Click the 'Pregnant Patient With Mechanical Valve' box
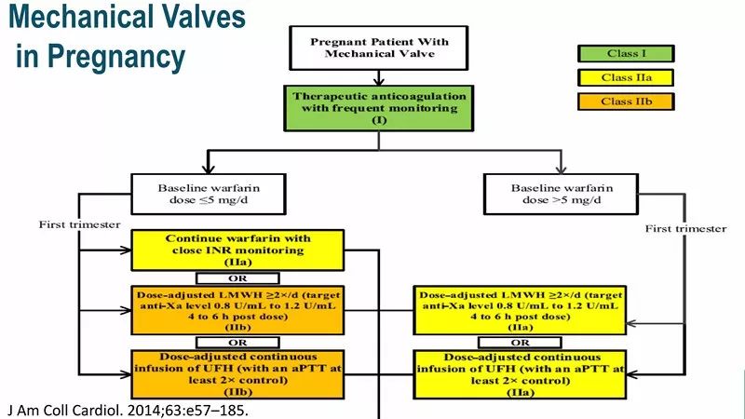click(x=379, y=48)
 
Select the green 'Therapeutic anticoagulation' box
click(x=379, y=107)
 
